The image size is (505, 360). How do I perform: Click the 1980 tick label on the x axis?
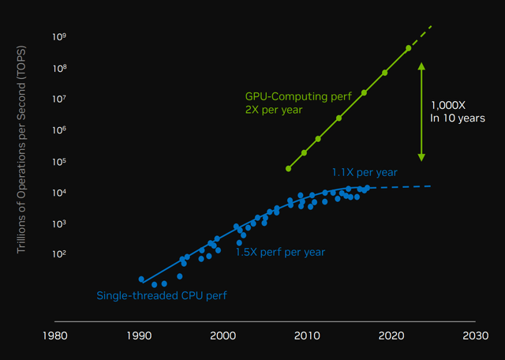(x=54, y=336)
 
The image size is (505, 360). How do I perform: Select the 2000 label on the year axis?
(x=223, y=336)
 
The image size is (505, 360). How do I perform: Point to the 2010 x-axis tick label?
(x=306, y=336)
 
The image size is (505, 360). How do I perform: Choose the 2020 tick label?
(x=391, y=336)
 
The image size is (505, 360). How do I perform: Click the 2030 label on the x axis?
(x=475, y=336)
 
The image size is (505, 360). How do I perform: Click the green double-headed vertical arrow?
(x=421, y=111)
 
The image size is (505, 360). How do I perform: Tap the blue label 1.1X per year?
(x=364, y=171)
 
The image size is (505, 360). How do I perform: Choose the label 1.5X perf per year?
(x=280, y=253)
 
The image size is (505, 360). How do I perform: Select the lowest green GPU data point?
(x=289, y=168)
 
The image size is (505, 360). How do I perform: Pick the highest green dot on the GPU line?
(x=409, y=48)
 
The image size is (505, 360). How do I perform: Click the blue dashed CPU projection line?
(x=402, y=186)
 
